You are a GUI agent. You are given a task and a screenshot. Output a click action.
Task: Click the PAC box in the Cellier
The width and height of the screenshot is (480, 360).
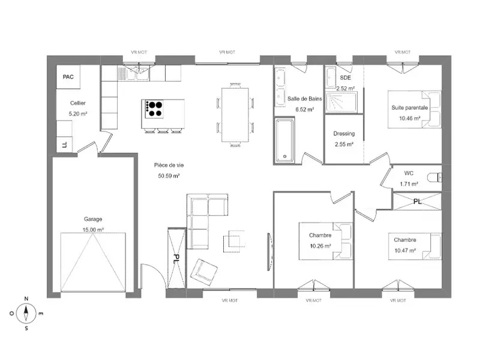point(68,77)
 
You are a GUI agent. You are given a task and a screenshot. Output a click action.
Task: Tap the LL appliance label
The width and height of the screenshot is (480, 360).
point(65,145)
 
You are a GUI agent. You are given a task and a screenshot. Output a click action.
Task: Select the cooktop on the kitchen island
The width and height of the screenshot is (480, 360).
point(154,109)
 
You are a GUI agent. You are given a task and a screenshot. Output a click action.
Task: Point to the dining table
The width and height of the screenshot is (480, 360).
point(235,115)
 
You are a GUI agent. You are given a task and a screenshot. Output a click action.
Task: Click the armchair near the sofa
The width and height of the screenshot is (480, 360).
point(203,272)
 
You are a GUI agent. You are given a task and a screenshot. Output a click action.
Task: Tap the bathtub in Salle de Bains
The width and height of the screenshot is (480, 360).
point(284,140)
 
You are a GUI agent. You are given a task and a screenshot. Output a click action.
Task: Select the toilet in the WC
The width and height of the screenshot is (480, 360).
point(434,177)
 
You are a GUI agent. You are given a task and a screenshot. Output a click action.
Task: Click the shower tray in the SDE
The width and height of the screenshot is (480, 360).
point(341,102)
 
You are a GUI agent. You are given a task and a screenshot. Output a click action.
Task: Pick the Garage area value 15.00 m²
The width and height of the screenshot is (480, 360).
point(93,230)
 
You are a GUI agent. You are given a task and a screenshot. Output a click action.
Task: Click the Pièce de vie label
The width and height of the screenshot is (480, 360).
point(169,166)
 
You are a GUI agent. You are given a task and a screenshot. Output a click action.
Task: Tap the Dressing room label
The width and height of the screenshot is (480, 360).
point(344,133)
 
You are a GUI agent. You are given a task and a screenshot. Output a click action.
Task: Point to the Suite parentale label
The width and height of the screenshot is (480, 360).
point(410,107)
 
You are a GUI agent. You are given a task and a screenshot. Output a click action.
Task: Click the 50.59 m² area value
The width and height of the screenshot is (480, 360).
point(169,176)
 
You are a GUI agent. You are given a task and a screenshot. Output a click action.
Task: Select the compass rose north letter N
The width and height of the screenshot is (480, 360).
point(26,299)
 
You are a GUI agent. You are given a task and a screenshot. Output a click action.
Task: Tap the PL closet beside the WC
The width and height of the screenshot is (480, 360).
point(418,201)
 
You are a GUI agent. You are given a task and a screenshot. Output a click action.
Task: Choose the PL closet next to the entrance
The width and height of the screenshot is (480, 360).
point(176,258)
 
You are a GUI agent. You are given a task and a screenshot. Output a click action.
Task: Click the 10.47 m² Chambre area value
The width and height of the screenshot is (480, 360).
point(405,250)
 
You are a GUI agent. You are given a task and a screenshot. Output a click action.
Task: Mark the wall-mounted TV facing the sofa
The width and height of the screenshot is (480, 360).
point(269,251)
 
